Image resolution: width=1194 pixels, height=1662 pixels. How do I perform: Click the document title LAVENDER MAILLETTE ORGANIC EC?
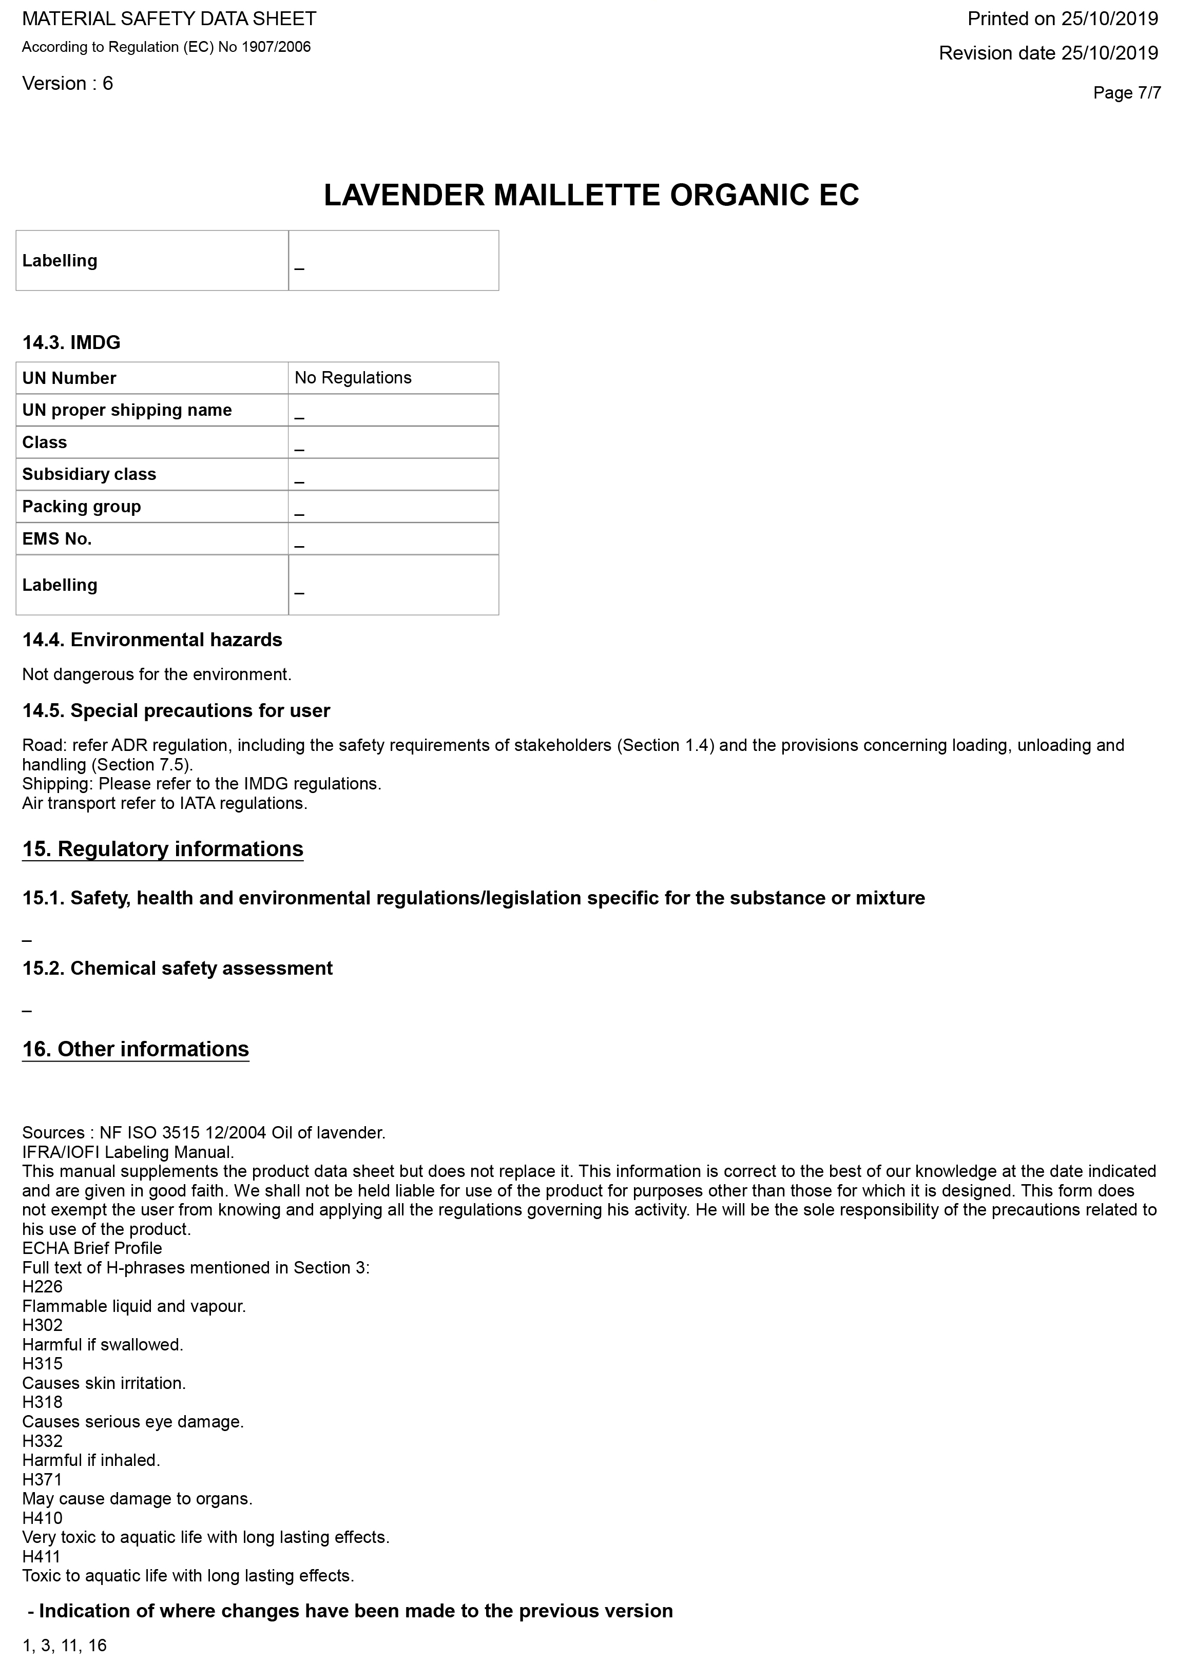(x=591, y=196)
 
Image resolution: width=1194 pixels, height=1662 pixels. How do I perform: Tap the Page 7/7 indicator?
(x=1127, y=93)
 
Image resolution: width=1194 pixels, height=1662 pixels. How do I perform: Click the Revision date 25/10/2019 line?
(x=1048, y=53)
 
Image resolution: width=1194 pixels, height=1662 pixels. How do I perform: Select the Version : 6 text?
(x=67, y=84)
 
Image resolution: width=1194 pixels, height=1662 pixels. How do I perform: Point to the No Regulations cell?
(x=353, y=378)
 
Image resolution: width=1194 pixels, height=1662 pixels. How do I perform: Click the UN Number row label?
(x=69, y=378)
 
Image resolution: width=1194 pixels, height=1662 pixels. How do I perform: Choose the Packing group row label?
(x=81, y=507)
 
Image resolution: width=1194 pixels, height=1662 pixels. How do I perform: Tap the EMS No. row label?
(x=57, y=538)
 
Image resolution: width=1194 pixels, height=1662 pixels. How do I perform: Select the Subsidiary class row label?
(x=89, y=474)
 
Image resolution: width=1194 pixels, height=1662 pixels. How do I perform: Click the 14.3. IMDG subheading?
(x=71, y=343)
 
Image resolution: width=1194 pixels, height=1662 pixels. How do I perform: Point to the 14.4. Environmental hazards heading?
(x=152, y=640)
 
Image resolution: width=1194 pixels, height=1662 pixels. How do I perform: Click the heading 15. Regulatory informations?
(x=163, y=848)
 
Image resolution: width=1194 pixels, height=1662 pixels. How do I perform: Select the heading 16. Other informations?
(x=136, y=1049)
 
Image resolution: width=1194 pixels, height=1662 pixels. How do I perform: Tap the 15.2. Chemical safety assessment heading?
(x=178, y=968)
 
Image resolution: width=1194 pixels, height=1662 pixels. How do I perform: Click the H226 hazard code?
(x=43, y=1287)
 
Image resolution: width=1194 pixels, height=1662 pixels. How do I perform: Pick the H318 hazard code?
(x=43, y=1402)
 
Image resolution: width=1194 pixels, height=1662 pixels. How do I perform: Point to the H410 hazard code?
(x=43, y=1518)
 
